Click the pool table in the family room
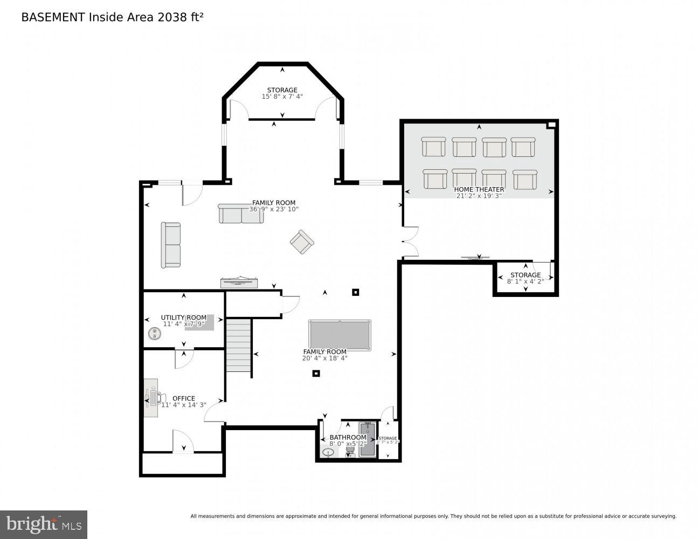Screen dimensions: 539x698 [x=340, y=335]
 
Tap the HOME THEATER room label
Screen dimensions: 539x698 [x=479, y=189]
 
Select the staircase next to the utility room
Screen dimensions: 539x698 [x=238, y=345]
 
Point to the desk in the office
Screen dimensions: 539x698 [x=151, y=398]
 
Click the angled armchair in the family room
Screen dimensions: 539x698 [x=302, y=242]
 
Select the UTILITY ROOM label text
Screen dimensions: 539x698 [x=183, y=317]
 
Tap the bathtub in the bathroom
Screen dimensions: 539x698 [x=368, y=440]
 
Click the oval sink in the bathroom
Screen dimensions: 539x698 [x=328, y=452]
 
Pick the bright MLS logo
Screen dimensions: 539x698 [x=44, y=524]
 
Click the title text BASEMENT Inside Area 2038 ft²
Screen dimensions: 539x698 [x=112, y=17]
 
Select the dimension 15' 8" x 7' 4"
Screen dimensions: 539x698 [x=282, y=96]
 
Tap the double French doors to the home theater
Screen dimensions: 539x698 [x=410, y=241]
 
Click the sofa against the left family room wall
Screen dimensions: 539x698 [x=171, y=245]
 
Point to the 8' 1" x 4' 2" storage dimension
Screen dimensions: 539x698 [x=526, y=281]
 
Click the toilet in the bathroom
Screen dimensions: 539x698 [x=350, y=451]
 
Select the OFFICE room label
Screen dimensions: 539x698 [x=184, y=398]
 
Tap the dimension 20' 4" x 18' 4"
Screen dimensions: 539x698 [x=324, y=358]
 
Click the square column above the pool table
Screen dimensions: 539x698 [x=355, y=293]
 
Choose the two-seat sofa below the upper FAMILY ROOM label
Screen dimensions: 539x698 [x=241, y=214]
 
